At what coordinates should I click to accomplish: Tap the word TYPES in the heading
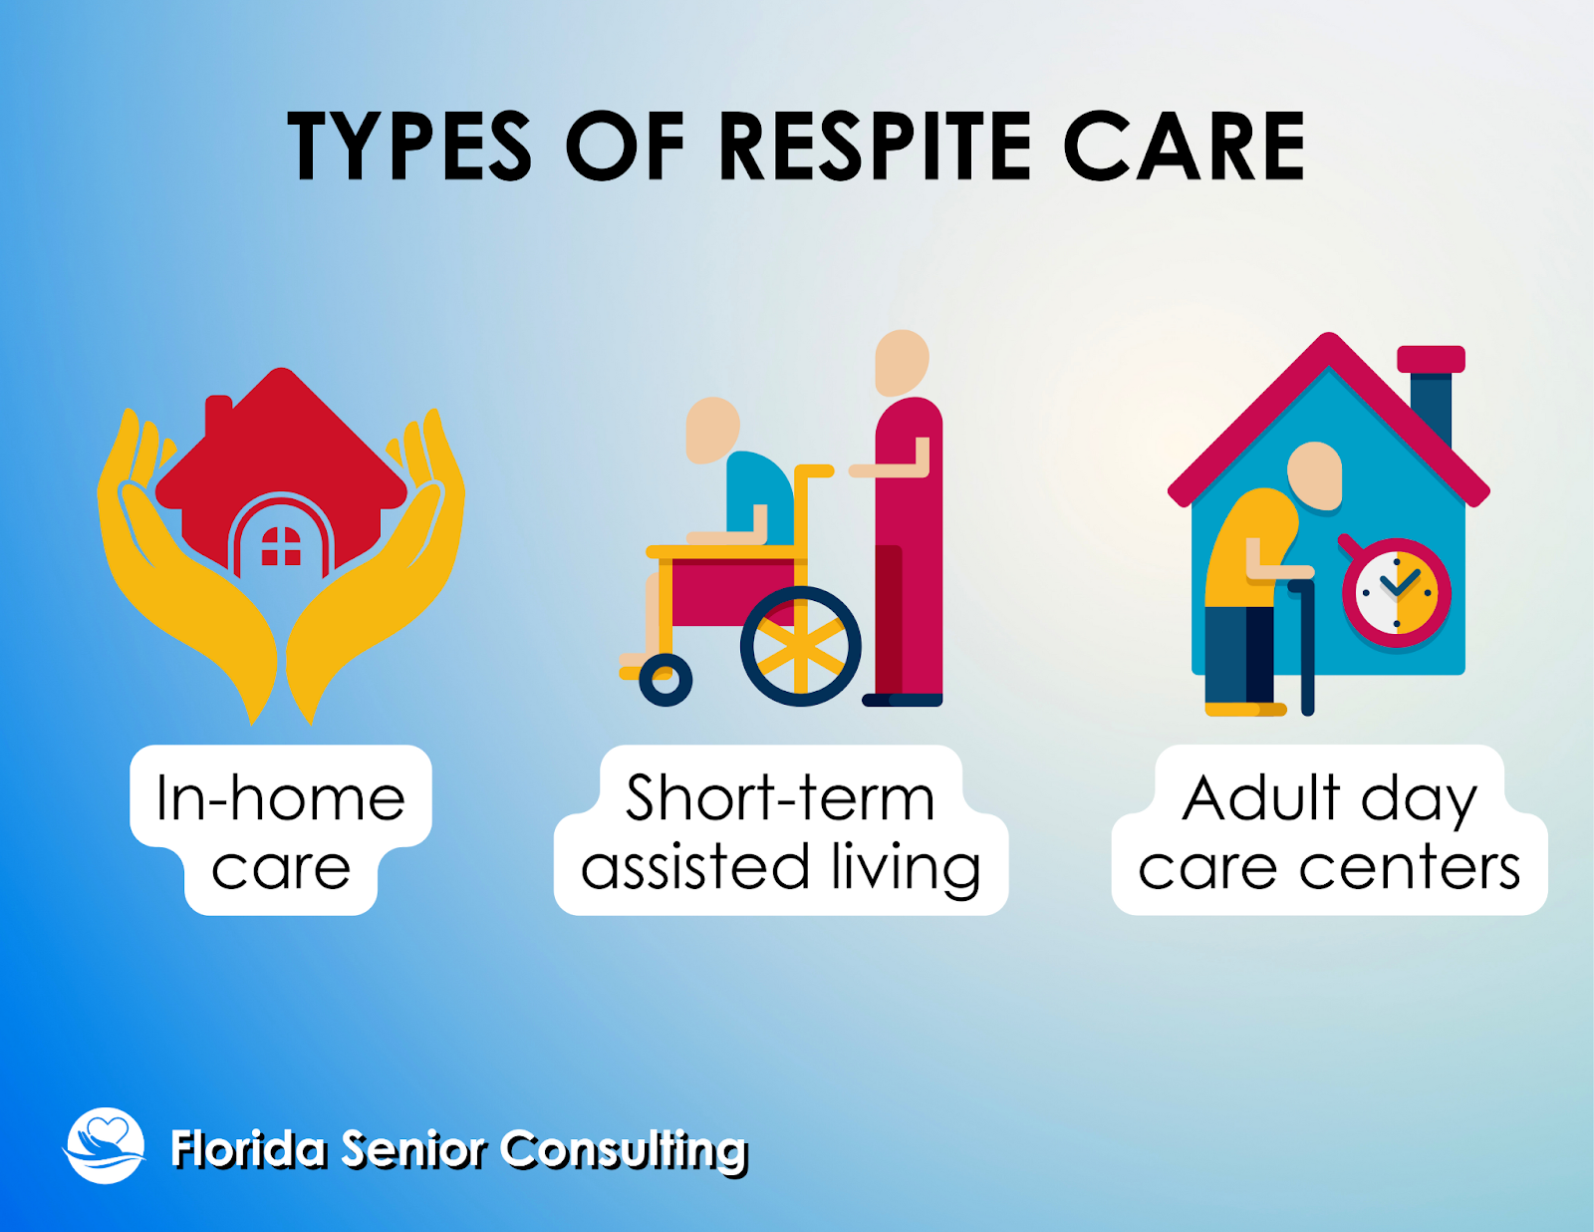click(x=408, y=146)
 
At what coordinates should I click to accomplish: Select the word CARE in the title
click(x=1184, y=146)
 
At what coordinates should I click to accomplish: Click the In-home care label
click(x=281, y=830)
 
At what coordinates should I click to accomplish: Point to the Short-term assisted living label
click(x=780, y=830)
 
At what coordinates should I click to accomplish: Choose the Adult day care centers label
click(x=1329, y=830)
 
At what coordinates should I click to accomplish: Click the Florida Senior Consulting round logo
click(x=106, y=1145)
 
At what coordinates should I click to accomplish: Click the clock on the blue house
click(x=1396, y=593)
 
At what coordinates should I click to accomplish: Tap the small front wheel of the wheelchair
click(x=665, y=680)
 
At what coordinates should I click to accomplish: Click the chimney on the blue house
click(x=1431, y=397)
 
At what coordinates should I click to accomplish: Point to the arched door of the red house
click(x=281, y=533)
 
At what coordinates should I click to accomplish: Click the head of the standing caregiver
click(x=902, y=363)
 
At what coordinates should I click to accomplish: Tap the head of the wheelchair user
click(x=711, y=431)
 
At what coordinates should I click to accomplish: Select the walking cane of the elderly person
click(x=1306, y=647)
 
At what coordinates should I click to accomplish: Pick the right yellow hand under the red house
click(x=377, y=565)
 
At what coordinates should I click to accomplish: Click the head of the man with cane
click(x=1314, y=476)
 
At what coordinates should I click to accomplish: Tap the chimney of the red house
click(x=218, y=416)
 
